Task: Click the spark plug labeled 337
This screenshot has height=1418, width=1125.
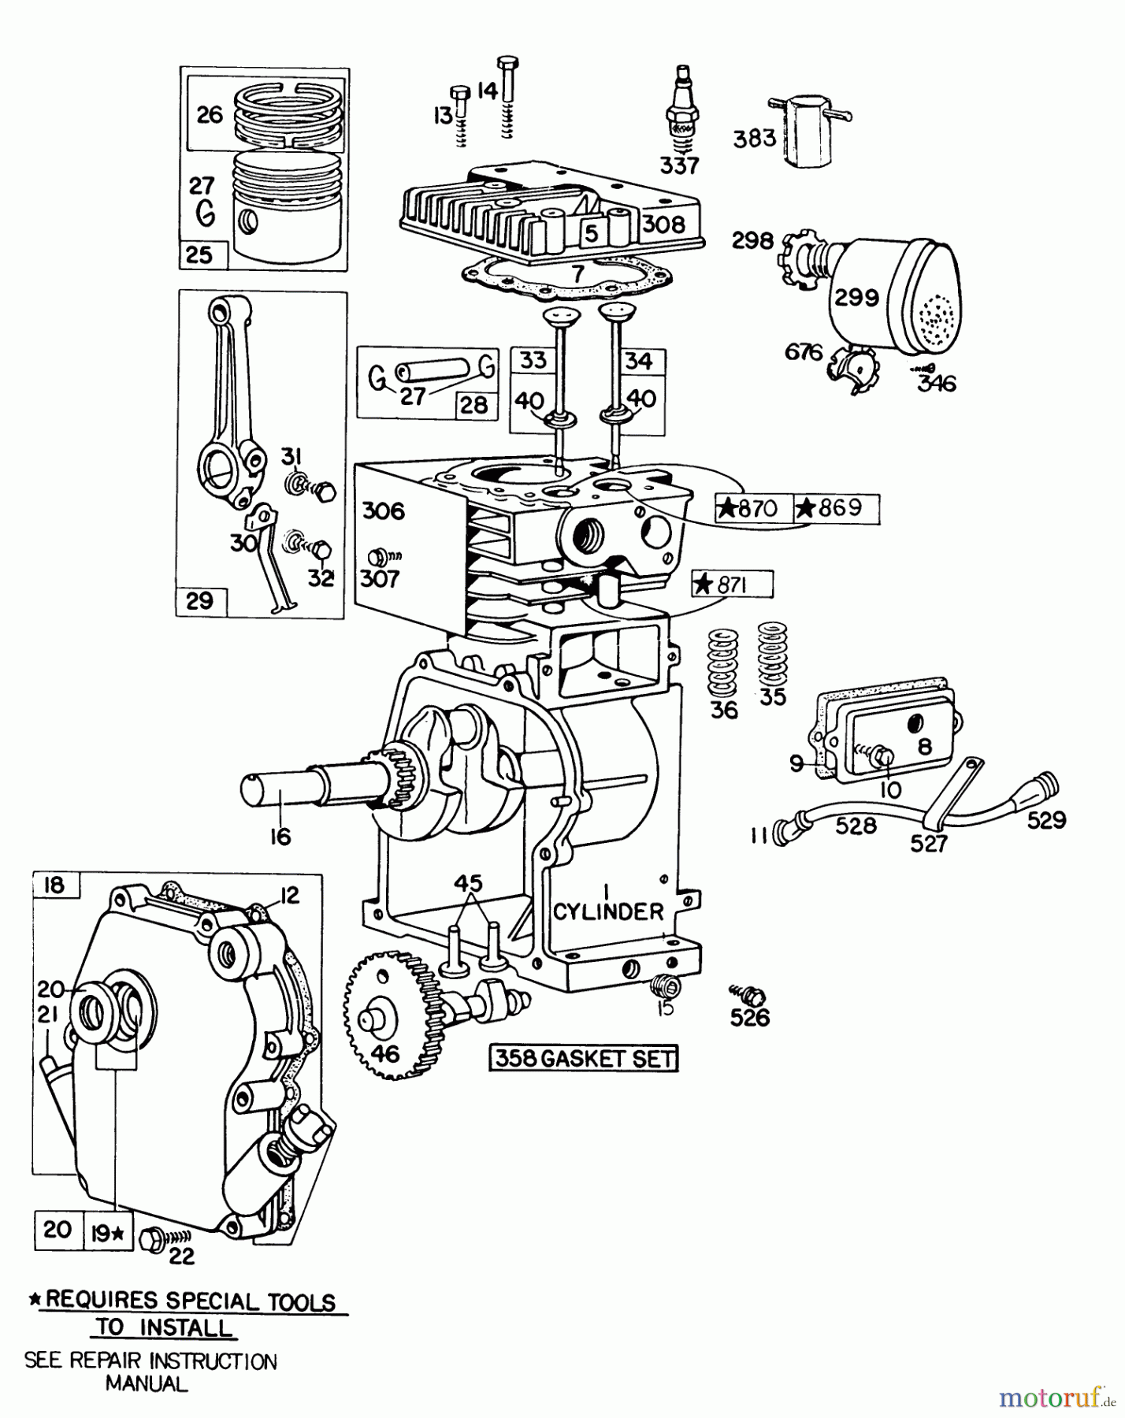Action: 679,110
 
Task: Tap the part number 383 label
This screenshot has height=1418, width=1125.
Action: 754,139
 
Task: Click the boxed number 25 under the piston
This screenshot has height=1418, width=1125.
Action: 199,254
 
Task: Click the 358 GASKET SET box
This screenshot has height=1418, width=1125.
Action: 584,1058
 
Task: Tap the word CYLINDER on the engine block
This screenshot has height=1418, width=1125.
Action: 608,911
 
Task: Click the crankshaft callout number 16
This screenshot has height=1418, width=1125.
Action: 280,837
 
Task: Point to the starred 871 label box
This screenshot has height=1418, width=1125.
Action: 733,585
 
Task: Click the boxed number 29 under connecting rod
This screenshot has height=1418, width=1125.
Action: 199,601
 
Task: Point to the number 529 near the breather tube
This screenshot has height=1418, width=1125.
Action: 1046,821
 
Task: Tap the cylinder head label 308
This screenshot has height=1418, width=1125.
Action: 663,225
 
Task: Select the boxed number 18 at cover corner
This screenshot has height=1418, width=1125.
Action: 54,885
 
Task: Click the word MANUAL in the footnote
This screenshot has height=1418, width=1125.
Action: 147,1383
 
